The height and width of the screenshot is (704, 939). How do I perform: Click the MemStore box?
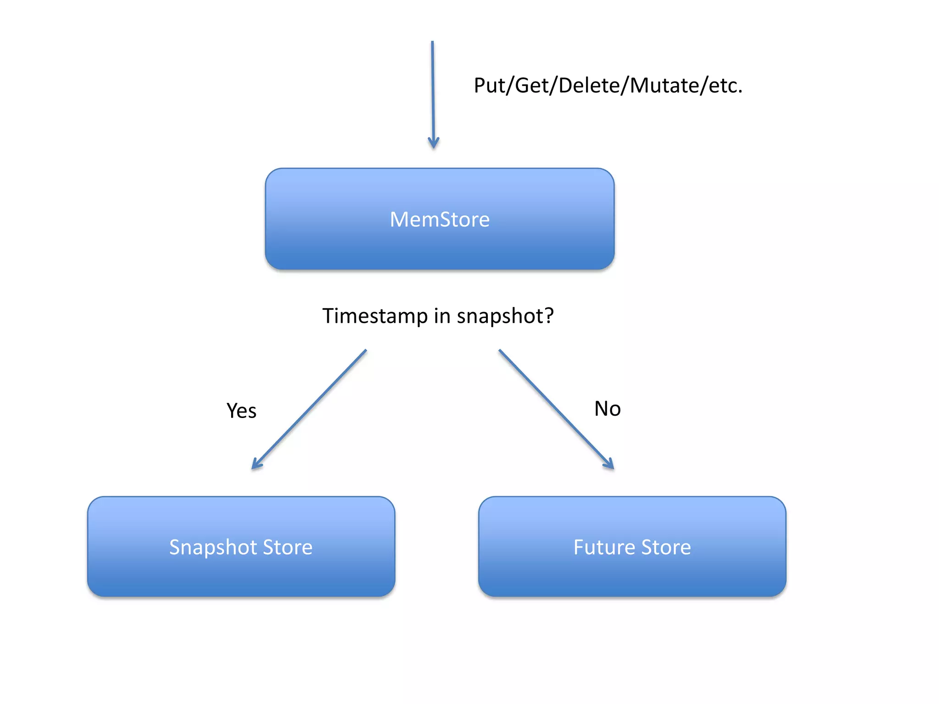(x=440, y=219)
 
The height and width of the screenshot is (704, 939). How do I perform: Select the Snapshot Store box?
(x=241, y=546)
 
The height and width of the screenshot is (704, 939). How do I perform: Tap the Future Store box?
(x=632, y=546)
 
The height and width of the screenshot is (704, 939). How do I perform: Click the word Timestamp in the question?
(x=375, y=316)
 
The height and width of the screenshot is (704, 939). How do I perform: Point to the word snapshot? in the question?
(x=505, y=316)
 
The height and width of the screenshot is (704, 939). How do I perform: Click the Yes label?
(x=242, y=411)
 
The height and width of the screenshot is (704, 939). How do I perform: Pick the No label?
(x=608, y=409)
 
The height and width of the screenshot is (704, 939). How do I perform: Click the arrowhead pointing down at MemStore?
(x=433, y=143)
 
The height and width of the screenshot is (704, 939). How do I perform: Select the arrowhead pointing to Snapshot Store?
(x=257, y=464)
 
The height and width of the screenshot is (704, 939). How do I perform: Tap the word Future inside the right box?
(x=604, y=547)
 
